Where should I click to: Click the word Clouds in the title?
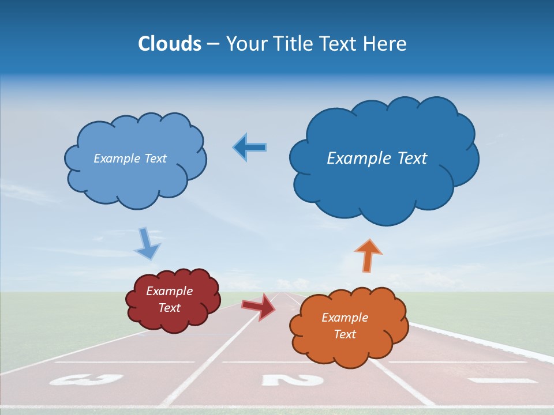click(170, 44)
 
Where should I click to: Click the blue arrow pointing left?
click(250, 148)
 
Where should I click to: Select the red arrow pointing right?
click(258, 307)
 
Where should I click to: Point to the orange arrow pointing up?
click(368, 254)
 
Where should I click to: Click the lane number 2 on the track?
click(292, 380)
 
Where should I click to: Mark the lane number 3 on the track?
click(87, 379)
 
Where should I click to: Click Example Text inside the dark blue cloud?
click(377, 159)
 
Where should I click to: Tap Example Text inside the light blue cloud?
click(130, 159)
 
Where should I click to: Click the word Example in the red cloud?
click(169, 291)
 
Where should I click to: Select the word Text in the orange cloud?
click(345, 334)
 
